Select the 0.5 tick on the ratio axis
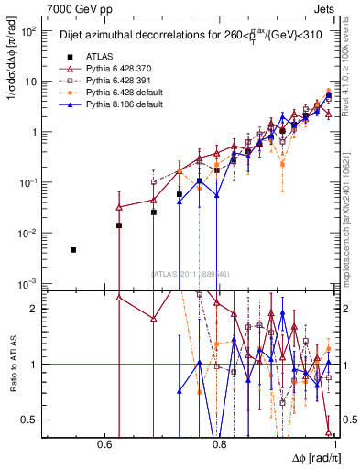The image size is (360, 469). pyautogui.click(x=31, y=420)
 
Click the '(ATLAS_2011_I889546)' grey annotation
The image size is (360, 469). pyautogui.click(x=190, y=273)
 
